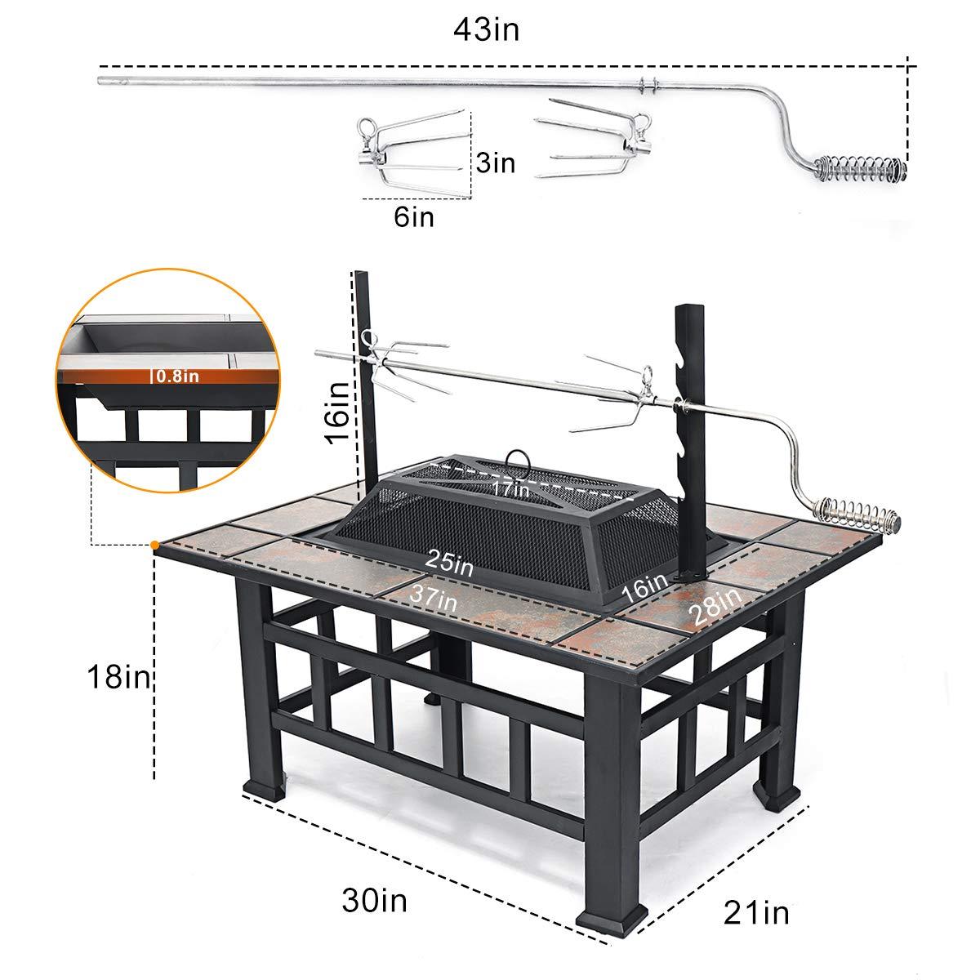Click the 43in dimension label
(x=488, y=30)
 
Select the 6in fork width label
(x=413, y=217)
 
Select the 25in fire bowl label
(x=448, y=562)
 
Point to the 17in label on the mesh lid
(x=510, y=489)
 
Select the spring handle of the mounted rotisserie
(x=861, y=512)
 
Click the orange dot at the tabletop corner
(x=155, y=544)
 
